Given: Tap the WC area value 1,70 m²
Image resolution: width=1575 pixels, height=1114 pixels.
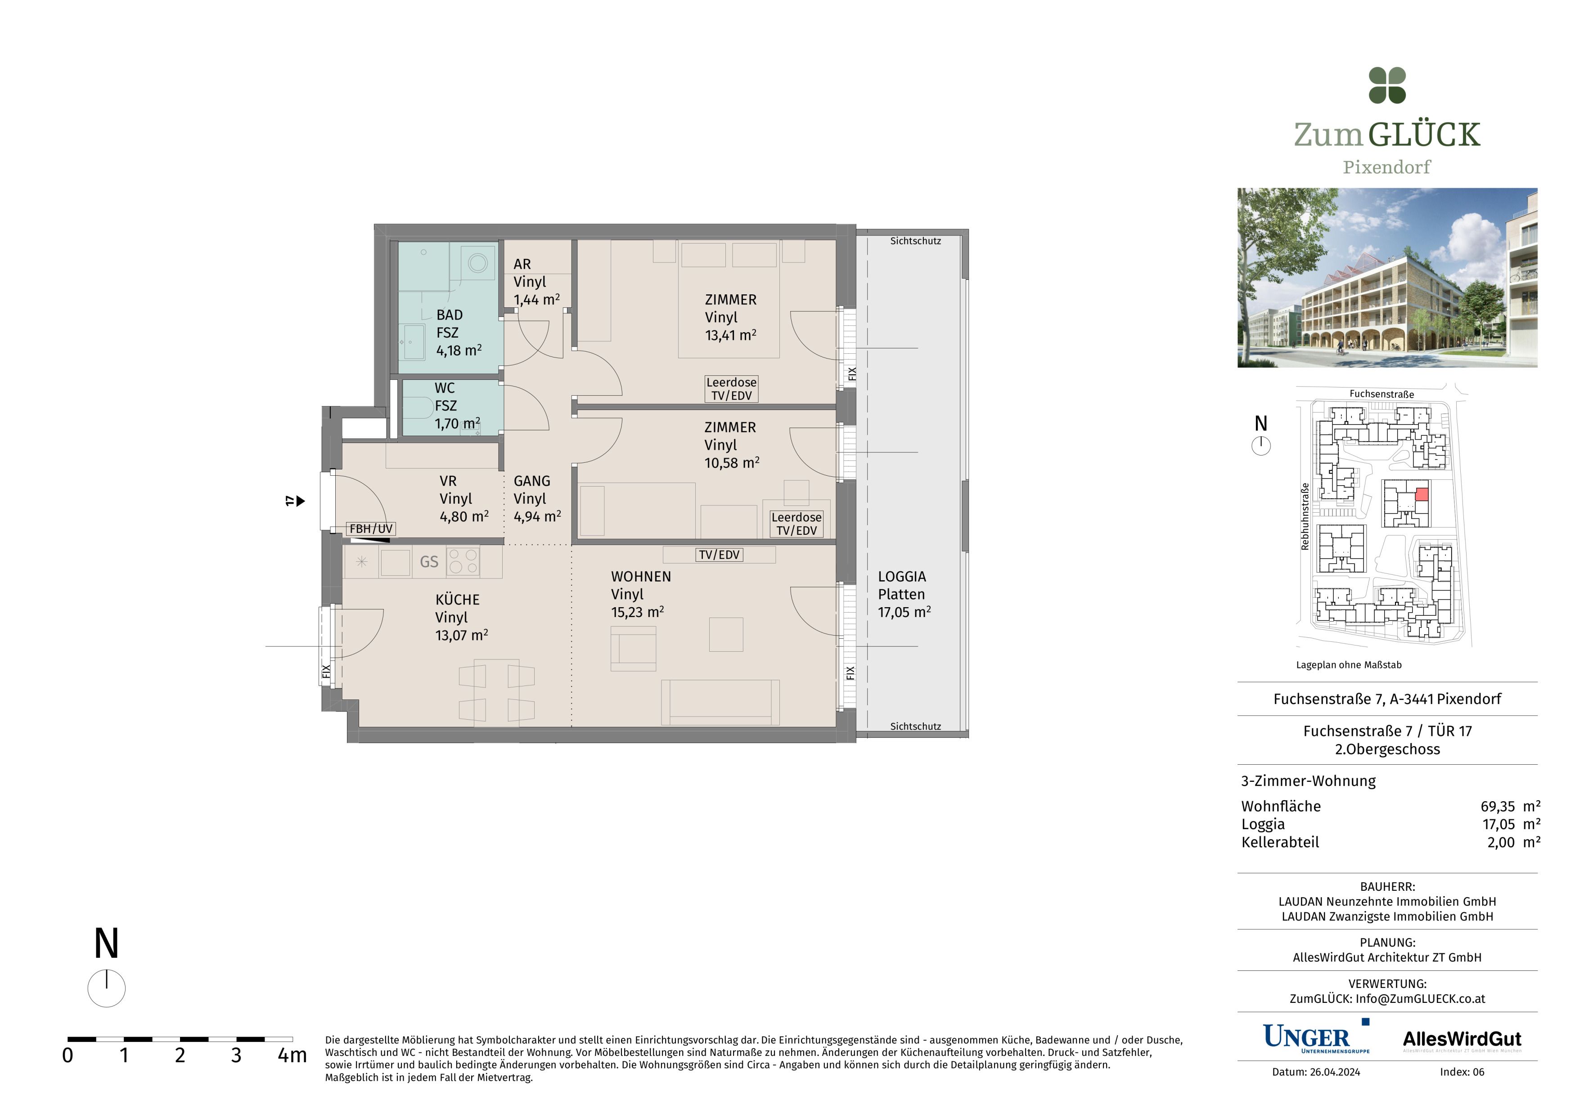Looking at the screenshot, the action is click(x=458, y=423).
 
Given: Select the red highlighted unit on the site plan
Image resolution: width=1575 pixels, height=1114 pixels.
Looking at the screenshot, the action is click(x=1422, y=494).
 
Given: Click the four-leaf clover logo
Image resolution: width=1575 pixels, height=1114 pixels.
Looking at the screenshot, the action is click(x=1387, y=86).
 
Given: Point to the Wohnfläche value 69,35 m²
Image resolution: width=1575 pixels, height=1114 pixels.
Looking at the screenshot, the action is click(x=1510, y=806).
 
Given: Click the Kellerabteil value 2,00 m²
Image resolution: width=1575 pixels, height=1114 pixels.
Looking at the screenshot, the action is click(x=1513, y=842).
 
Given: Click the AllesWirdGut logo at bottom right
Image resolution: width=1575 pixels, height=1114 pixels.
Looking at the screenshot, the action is click(x=1462, y=1040).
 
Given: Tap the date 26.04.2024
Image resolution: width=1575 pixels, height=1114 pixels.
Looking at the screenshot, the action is click(x=1334, y=1072).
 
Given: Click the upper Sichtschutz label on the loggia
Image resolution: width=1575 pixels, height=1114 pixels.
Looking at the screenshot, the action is click(x=915, y=241).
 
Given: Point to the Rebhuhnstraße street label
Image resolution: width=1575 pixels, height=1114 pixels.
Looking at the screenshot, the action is click(x=1305, y=517).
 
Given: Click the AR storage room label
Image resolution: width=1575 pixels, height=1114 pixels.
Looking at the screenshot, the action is click(x=522, y=264).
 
